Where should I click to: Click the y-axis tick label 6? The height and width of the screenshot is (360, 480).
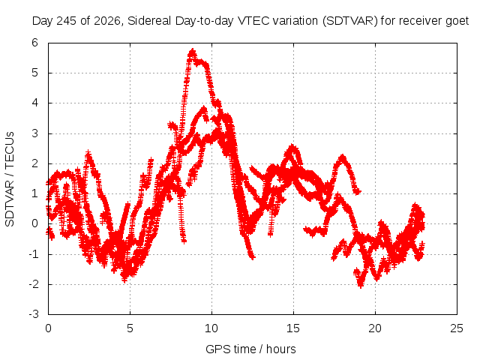[34, 43]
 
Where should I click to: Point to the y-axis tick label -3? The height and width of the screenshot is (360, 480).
[34, 314]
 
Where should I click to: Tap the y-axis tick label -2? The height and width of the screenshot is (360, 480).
[34, 284]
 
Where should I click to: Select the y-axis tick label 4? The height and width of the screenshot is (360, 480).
[34, 103]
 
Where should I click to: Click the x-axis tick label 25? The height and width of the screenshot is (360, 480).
[457, 328]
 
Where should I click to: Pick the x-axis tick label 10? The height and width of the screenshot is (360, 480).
[211, 328]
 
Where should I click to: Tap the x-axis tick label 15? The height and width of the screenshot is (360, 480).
[293, 328]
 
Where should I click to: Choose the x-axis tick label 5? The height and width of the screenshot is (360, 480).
[130, 328]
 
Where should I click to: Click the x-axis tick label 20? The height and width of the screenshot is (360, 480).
[375, 328]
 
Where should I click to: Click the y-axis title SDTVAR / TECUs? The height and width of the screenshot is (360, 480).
[10, 179]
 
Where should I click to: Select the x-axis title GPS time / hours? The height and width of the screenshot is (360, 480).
[250, 349]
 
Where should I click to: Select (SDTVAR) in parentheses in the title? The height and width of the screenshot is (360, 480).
[350, 21]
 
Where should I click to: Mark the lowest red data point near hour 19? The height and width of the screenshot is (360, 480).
[360, 286]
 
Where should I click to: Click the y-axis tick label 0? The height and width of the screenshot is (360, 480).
[34, 223]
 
